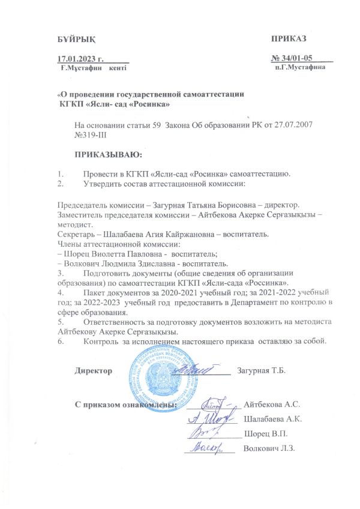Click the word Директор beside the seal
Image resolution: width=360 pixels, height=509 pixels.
[93, 370]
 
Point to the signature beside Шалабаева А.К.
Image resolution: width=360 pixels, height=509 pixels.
[210, 417]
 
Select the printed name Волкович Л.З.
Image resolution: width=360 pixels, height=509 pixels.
[268, 448]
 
